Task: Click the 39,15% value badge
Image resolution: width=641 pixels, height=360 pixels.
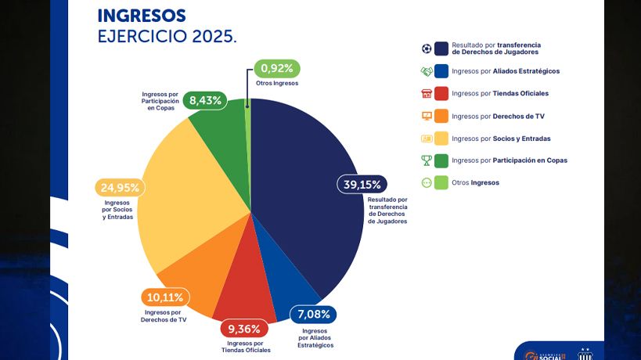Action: click(x=362, y=185)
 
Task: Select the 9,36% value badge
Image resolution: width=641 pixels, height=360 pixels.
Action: click(x=244, y=328)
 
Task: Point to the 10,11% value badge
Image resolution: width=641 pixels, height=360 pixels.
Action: click(x=165, y=297)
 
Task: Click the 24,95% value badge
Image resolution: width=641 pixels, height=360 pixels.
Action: click(x=118, y=188)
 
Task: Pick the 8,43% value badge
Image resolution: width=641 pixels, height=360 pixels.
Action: click(x=206, y=100)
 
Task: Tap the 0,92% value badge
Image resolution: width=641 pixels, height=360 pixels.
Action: click(x=277, y=68)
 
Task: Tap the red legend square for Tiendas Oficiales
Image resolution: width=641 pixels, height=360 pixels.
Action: click(x=441, y=93)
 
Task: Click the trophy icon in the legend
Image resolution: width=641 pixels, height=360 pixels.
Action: click(x=426, y=160)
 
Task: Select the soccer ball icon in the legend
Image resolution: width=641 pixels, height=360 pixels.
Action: click(x=426, y=49)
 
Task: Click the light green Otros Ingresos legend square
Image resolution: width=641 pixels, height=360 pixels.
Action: click(x=441, y=182)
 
